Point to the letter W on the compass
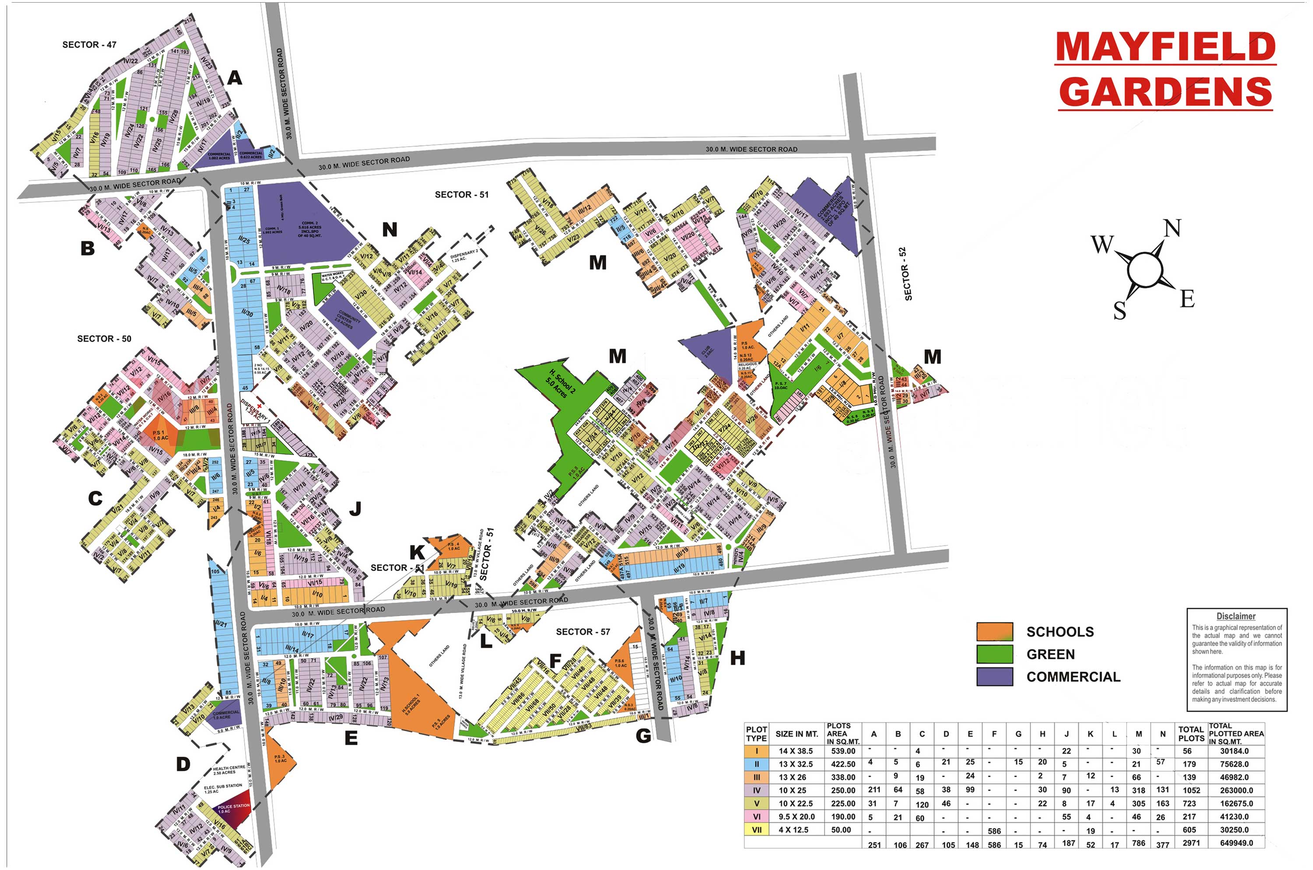point(1102,244)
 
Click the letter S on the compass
point(1120,310)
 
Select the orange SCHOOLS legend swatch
point(994,631)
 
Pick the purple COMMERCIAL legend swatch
point(994,677)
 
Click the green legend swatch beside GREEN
point(994,654)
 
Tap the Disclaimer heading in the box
point(1236,616)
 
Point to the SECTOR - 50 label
point(104,338)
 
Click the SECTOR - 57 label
point(583,632)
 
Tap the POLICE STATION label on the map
point(233,808)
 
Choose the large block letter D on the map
point(183,765)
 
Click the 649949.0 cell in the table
point(1236,843)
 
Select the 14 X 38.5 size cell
point(795,751)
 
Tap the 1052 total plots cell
point(1191,790)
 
